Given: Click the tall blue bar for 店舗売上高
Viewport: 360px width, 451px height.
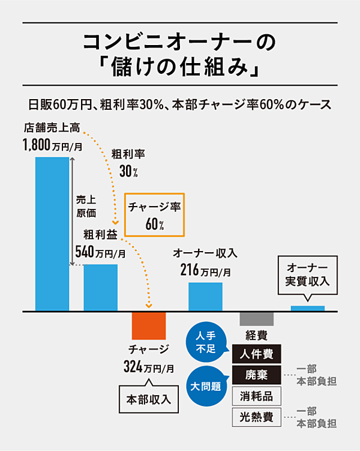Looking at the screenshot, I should [x=52, y=234].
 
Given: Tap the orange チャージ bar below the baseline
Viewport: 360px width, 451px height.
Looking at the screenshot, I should [x=148, y=326].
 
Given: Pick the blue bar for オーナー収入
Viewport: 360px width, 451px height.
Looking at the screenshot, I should [x=205, y=296].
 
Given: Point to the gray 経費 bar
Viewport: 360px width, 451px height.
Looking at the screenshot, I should [x=256, y=318].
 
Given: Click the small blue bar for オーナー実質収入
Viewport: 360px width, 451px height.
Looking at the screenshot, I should [x=307, y=309].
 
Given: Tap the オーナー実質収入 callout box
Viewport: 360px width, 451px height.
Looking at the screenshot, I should [x=307, y=274].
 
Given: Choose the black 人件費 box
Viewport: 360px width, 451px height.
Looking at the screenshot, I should [x=256, y=354].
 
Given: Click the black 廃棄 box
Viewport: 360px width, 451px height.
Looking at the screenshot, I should [x=256, y=375].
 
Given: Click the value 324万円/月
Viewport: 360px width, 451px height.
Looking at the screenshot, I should [x=149, y=366].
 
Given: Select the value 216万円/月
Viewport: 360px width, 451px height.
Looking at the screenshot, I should [x=205, y=270].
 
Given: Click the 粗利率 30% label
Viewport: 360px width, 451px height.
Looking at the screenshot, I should [x=128, y=163].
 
